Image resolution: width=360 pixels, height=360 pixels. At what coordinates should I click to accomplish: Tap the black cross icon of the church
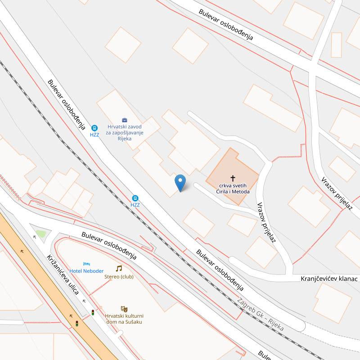click(233, 178)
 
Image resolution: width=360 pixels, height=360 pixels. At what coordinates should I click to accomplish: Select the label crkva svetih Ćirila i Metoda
click(233, 189)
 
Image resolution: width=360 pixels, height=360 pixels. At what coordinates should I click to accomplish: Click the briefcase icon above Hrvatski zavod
click(125, 120)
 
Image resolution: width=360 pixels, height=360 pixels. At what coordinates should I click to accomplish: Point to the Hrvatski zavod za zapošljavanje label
click(125, 133)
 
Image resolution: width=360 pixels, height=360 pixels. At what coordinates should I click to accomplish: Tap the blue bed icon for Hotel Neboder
click(86, 264)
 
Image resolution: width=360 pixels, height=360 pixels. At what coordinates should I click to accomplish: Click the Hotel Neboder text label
click(86, 271)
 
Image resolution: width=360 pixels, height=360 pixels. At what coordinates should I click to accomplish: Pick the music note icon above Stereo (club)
click(119, 269)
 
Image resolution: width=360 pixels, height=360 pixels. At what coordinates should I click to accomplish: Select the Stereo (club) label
click(119, 277)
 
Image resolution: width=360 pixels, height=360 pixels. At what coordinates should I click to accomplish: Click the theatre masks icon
click(124, 309)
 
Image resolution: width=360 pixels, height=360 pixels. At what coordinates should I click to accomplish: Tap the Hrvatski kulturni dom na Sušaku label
click(124, 319)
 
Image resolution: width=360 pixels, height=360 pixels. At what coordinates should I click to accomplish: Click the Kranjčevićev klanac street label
click(329, 279)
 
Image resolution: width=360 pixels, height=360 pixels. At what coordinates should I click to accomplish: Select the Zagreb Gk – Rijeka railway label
click(261, 315)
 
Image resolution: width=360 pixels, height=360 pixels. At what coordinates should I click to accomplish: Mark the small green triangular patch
click(41, 234)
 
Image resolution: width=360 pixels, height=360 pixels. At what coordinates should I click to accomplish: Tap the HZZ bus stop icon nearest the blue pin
click(135, 198)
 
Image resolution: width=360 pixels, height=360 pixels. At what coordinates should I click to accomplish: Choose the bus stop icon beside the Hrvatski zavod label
click(94, 128)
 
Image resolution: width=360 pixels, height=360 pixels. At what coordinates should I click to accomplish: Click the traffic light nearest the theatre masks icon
click(93, 312)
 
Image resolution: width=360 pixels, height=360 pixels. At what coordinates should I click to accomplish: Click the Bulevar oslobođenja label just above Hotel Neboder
click(109, 246)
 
